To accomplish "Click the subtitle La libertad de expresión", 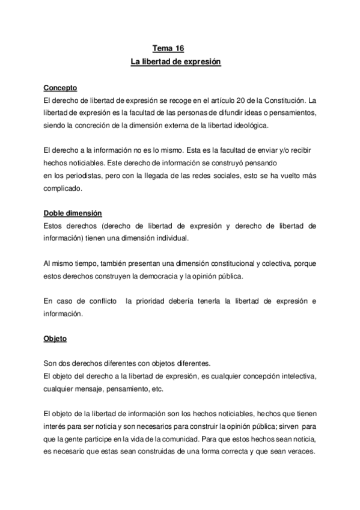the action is pos(176,62).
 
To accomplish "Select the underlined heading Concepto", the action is pos(60,88).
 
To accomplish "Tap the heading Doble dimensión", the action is pos(73,214).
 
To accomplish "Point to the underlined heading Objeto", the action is pos(55,339).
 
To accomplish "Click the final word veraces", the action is pos(301,452).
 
